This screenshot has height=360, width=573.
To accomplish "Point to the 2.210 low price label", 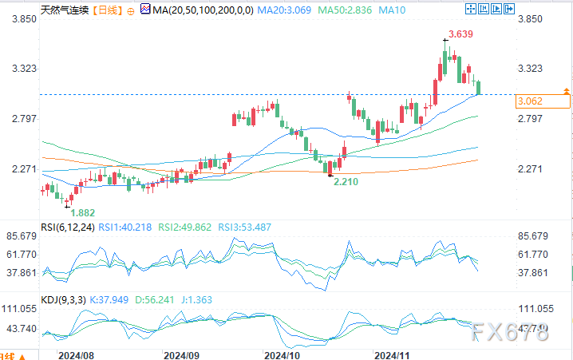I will pyautogui.click(x=346, y=182).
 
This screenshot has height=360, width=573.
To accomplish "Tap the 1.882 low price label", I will pyautogui.click(x=84, y=212).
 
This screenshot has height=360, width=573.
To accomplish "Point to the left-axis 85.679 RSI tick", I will pyautogui.click(x=18, y=236).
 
